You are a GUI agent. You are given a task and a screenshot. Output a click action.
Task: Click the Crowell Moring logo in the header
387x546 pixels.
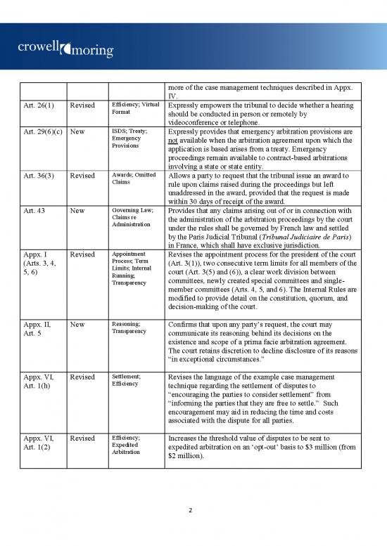[x=60, y=48]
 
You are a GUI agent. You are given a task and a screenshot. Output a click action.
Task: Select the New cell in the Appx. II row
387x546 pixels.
[x=80, y=325]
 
